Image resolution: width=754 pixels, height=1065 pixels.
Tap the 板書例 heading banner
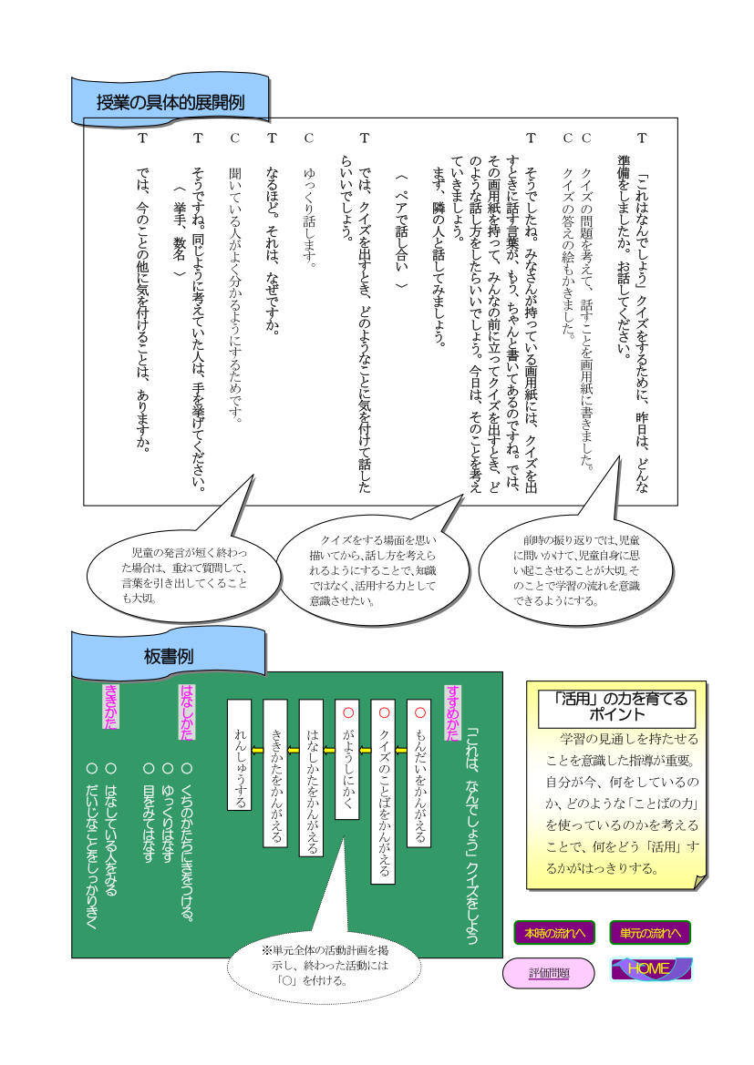169,655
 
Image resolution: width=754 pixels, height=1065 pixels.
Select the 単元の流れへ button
650,933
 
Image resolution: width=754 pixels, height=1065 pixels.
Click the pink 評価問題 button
549,973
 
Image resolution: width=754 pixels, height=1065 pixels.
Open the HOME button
651,968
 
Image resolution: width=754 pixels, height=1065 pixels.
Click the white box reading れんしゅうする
239,754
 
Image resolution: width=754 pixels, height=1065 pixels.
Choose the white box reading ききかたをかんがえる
275,773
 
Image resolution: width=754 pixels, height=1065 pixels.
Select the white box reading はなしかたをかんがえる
312,778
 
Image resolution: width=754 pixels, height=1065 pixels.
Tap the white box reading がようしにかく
347,760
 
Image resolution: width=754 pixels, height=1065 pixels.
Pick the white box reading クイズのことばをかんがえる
384,792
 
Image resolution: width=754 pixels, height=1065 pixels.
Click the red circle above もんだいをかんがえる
419,712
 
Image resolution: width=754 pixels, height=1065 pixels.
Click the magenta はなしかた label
186,712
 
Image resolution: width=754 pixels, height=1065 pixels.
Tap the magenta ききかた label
110,706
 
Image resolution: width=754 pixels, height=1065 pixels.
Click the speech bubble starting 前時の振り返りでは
576,570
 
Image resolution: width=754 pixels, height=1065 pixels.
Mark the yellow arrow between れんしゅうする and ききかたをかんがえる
257,751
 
